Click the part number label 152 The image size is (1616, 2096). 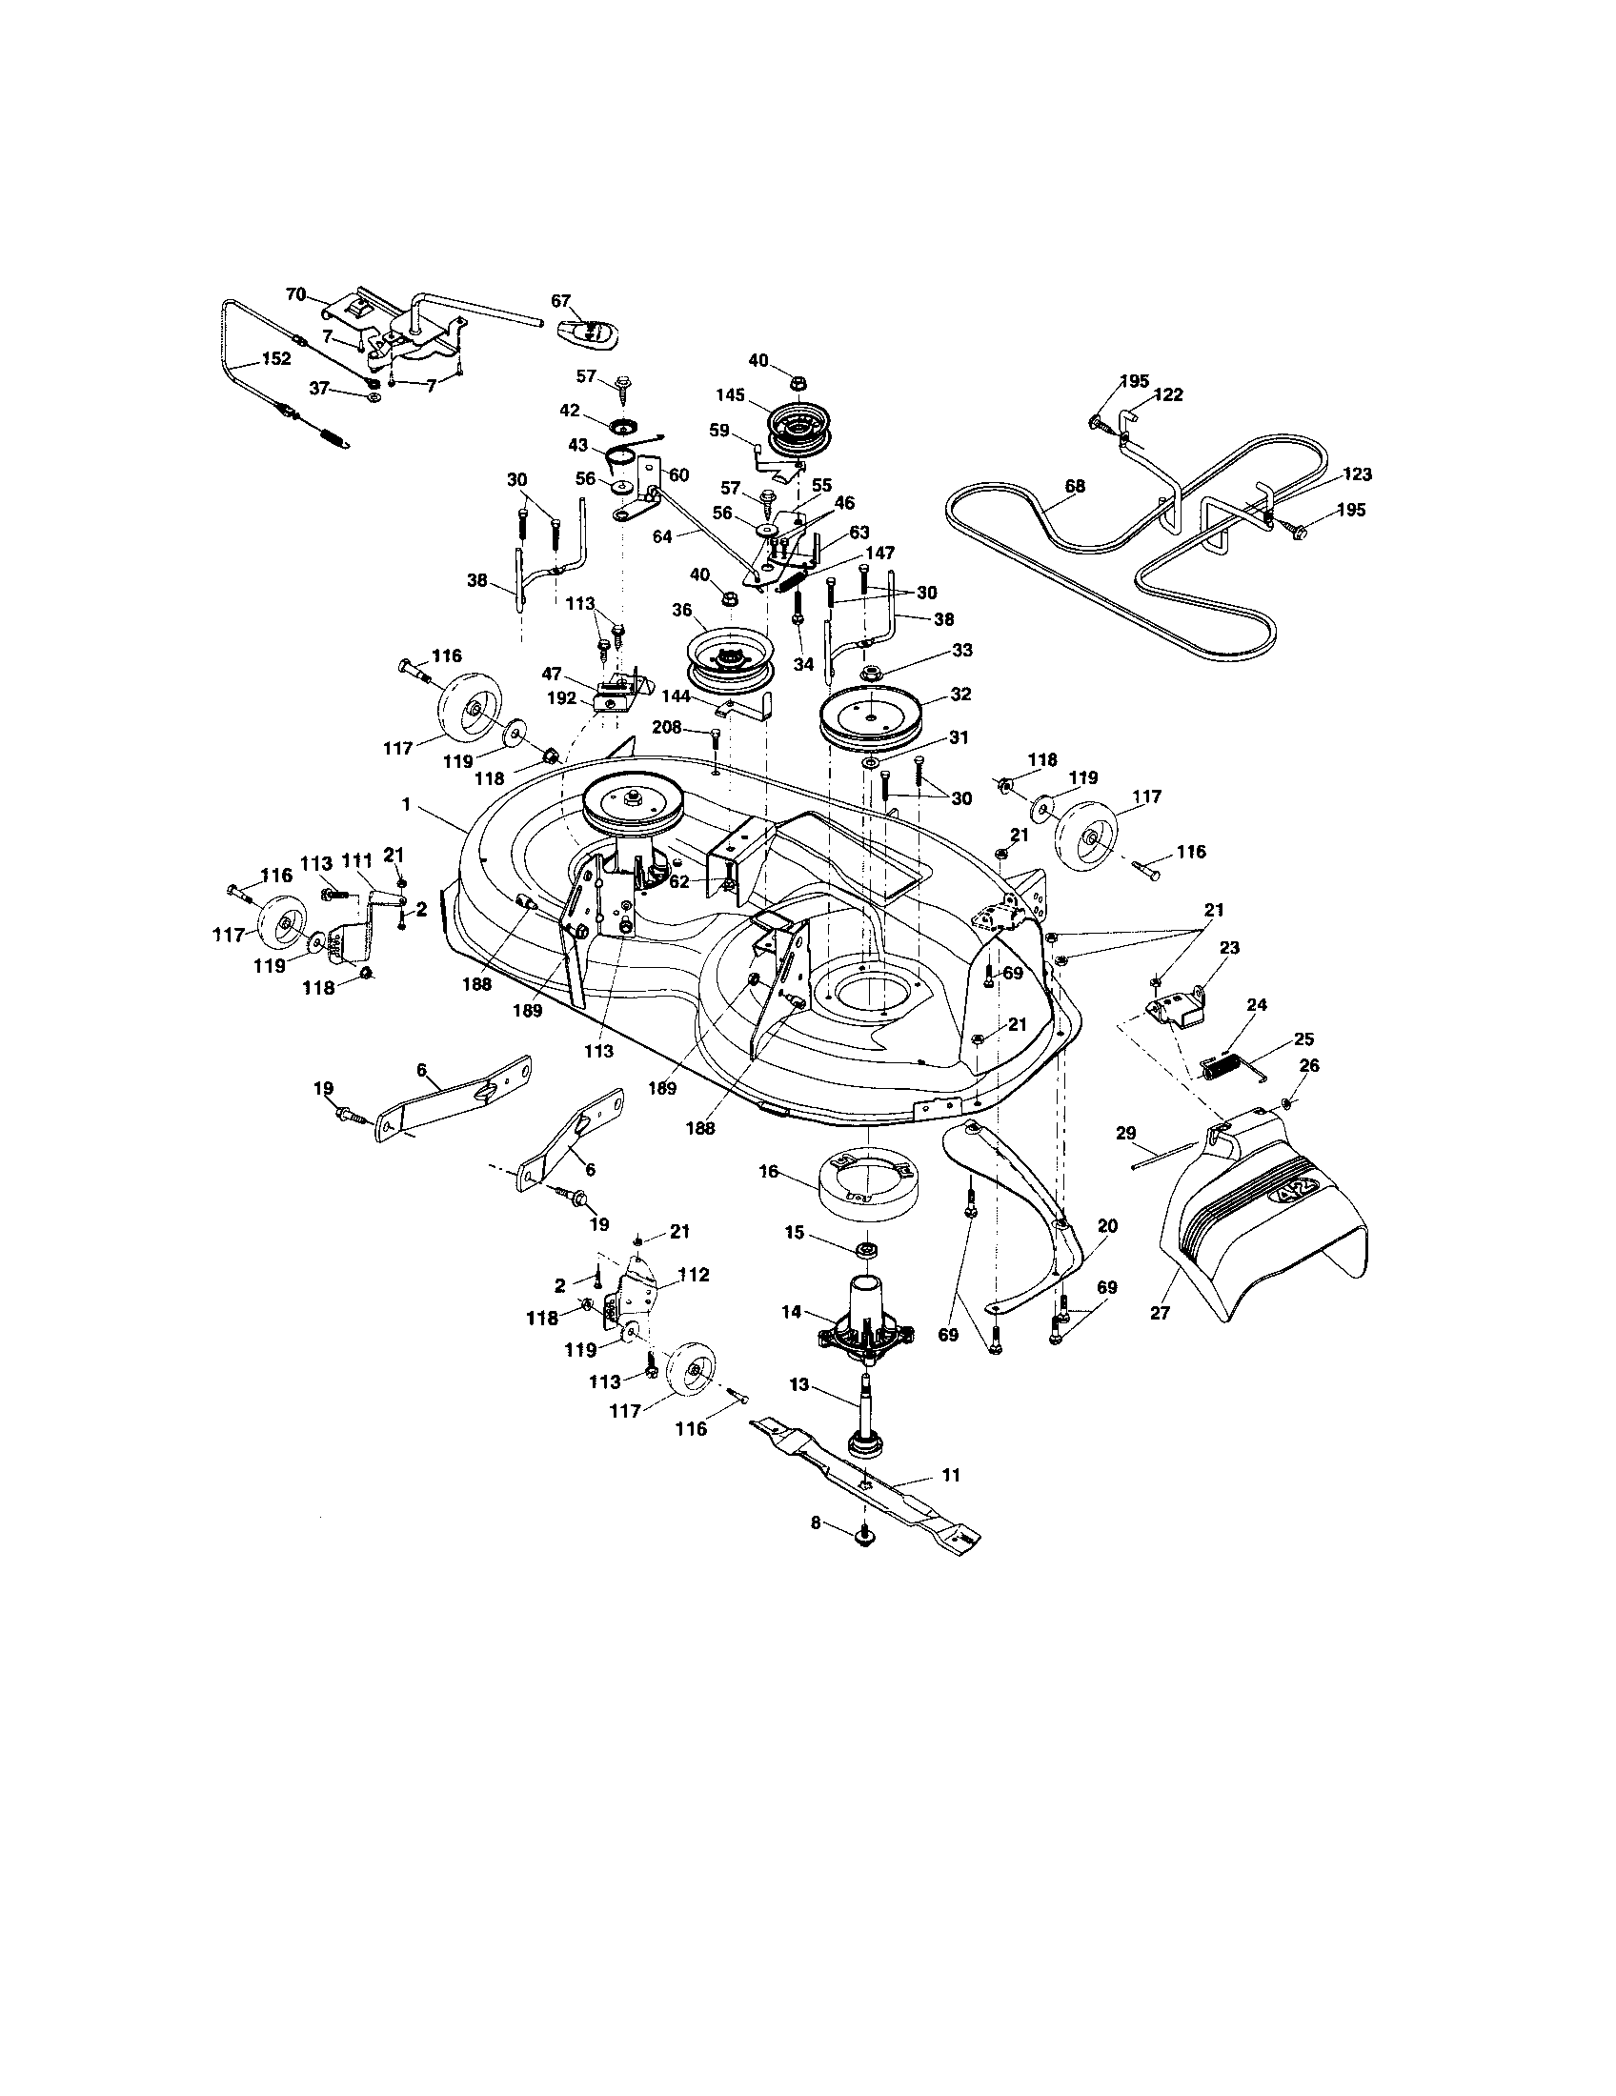click(x=276, y=360)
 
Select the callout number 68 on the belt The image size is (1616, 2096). click(x=1075, y=487)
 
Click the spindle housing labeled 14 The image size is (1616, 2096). click(x=862, y=1324)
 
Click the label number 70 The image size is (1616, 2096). click(x=296, y=294)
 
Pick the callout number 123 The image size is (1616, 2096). click(x=1357, y=474)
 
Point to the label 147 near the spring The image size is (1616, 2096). click(x=880, y=554)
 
